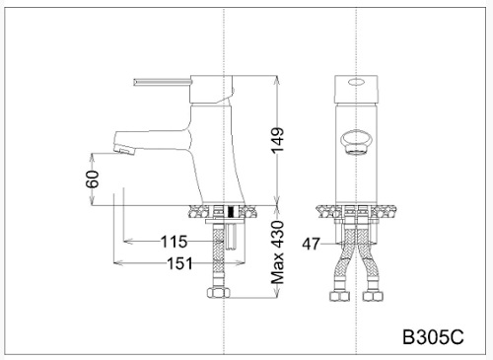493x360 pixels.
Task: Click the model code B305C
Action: pos(433,337)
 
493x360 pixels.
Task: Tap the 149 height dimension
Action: pos(277,140)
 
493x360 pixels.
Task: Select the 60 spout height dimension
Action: pos(93,179)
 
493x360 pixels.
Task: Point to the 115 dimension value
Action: pos(174,242)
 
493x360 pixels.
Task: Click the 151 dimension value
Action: pos(179,263)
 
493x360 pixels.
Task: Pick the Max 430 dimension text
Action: pos(277,252)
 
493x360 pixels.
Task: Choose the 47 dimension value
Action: pos(311,244)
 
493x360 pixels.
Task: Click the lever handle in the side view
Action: pos(163,82)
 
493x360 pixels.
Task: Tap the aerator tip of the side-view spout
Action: pos(124,150)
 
